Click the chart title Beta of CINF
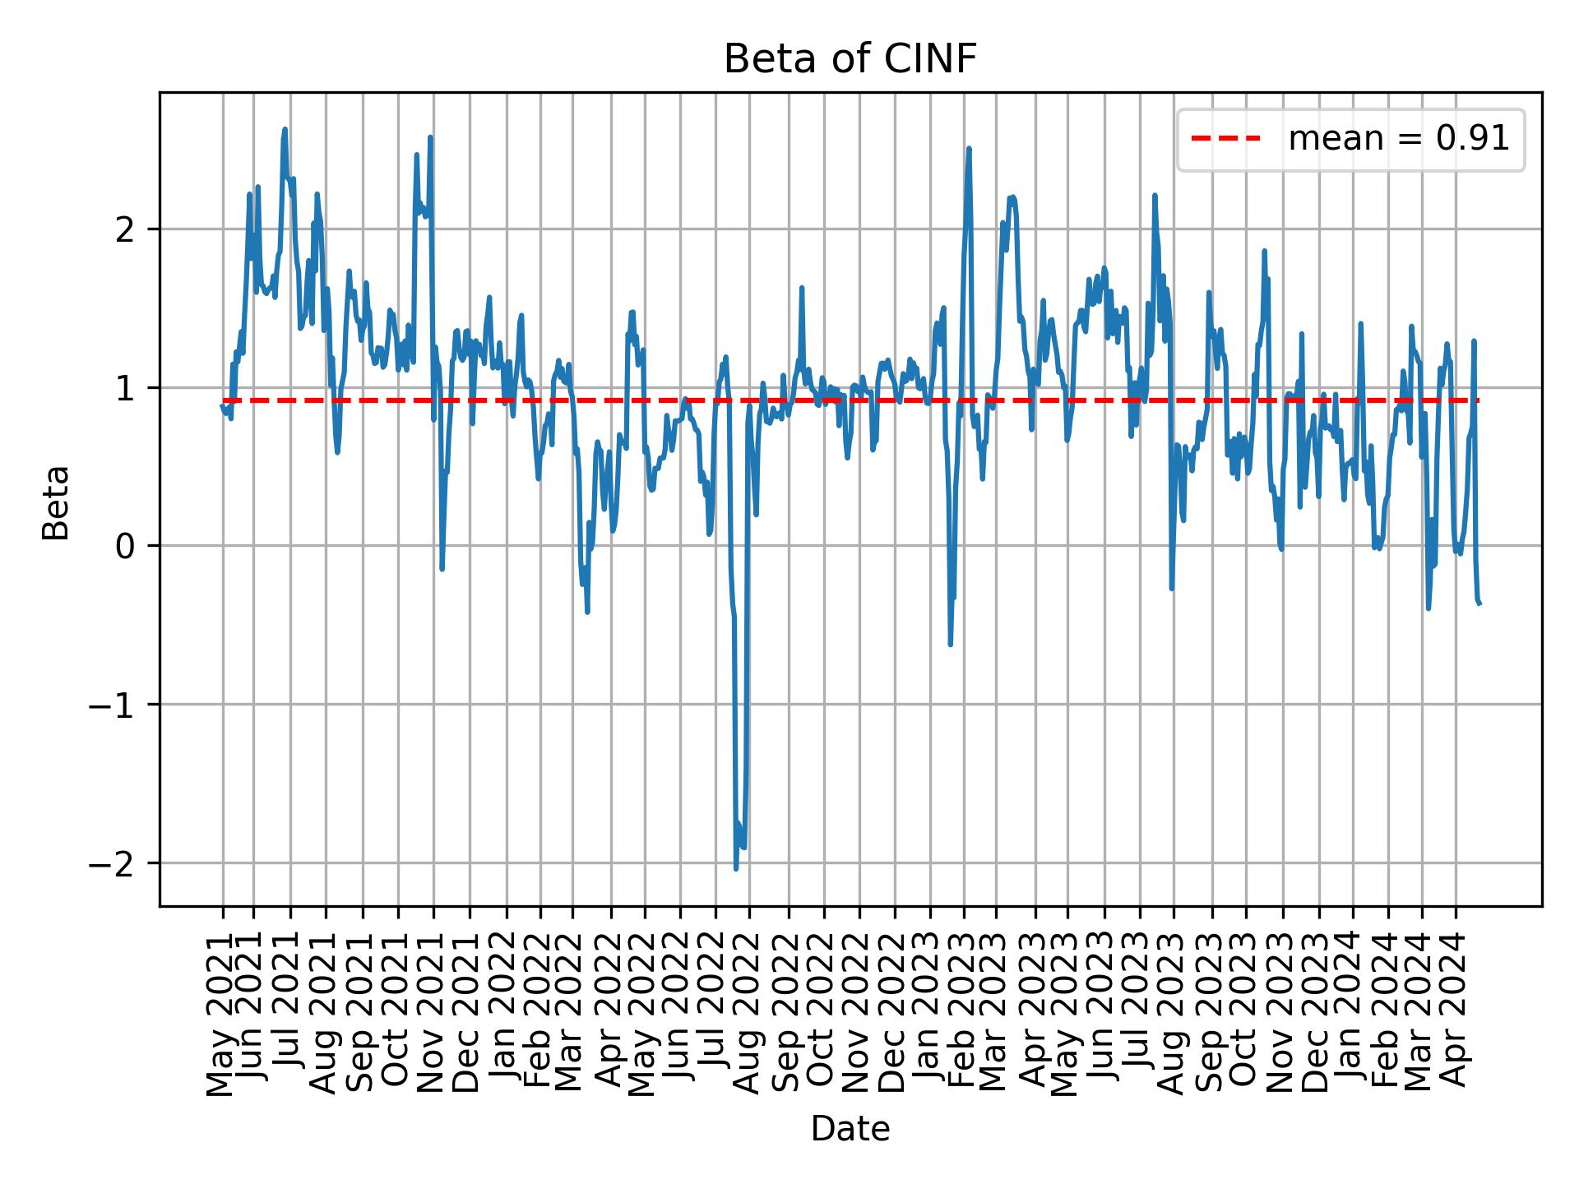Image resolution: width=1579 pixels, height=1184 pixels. tap(850, 59)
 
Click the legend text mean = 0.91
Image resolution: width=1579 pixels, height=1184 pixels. tap(1398, 140)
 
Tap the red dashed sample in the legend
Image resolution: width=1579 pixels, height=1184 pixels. tap(1225, 140)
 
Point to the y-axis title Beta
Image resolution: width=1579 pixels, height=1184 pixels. tap(56, 502)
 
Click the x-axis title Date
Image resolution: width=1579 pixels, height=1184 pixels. tap(850, 1129)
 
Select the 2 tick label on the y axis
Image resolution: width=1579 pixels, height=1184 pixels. tap(126, 229)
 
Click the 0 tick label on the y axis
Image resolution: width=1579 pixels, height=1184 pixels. tap(126, 546)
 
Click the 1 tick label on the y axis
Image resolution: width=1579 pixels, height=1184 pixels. tap(126, 388)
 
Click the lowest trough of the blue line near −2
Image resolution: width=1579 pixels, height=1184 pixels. tap(736, 868)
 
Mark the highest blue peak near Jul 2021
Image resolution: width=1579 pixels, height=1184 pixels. tap(285, 129)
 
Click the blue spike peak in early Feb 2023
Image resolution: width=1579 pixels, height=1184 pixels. tap(969, 149)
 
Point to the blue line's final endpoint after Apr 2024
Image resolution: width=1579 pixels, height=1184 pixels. tap(1479, 604)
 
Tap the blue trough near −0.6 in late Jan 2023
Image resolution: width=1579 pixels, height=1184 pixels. tap(950, 645)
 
